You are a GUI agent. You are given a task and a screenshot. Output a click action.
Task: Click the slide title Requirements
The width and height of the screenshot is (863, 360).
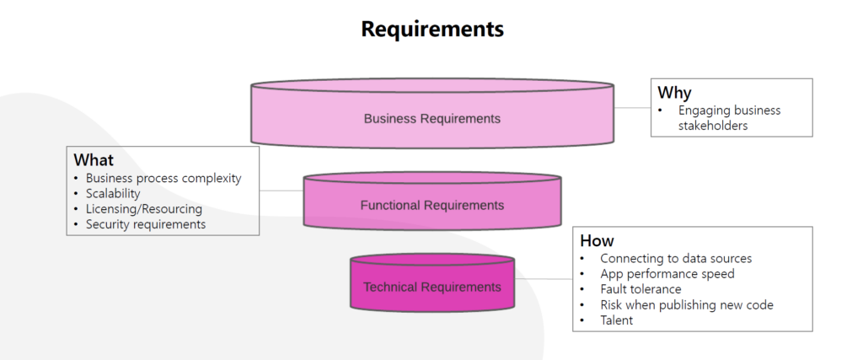[431, 30]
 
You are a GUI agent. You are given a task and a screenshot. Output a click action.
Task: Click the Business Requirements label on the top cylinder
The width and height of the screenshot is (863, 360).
[431, 119]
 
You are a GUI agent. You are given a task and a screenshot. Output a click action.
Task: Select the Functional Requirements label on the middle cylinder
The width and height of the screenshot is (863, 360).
[431, 205]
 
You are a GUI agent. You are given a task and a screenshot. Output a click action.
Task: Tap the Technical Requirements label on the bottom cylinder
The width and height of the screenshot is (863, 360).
[431, 287]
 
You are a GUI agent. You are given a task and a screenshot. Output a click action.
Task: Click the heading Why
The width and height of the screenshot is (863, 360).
[674, 93]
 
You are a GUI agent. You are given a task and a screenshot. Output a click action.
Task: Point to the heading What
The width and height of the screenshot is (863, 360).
[94, 159]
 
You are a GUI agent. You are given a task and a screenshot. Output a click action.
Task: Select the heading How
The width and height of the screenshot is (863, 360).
[597, 240]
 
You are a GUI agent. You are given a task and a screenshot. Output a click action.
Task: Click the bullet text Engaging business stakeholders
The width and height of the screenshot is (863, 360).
[730, 118]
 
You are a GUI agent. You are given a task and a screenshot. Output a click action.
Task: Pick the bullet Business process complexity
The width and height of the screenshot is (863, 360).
[163, 179]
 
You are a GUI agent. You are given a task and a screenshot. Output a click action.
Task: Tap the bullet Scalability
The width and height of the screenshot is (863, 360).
[113, 194]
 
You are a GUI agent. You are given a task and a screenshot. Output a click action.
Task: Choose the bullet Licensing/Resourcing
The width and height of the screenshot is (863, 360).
[144, 209]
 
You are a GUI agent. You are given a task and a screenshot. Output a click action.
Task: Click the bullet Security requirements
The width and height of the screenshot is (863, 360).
[146, 224]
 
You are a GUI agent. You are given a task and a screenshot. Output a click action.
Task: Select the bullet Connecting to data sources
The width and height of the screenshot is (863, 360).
[676, 259]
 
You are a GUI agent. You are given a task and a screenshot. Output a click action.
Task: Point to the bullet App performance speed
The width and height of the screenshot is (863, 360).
[667, 274]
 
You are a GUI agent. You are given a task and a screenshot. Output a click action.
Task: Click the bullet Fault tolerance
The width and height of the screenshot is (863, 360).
[641, 289]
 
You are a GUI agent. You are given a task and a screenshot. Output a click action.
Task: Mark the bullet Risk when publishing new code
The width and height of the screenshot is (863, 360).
[687, 304]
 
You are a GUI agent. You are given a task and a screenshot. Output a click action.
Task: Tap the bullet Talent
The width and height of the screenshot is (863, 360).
[616, 320]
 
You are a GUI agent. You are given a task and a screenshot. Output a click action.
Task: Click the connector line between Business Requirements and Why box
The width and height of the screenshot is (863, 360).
[632, 108]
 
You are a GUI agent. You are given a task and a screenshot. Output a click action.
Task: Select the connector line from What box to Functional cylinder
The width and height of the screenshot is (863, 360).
[281, 191]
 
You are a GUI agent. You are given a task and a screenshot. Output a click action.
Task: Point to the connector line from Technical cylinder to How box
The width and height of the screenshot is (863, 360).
[544, 278]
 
